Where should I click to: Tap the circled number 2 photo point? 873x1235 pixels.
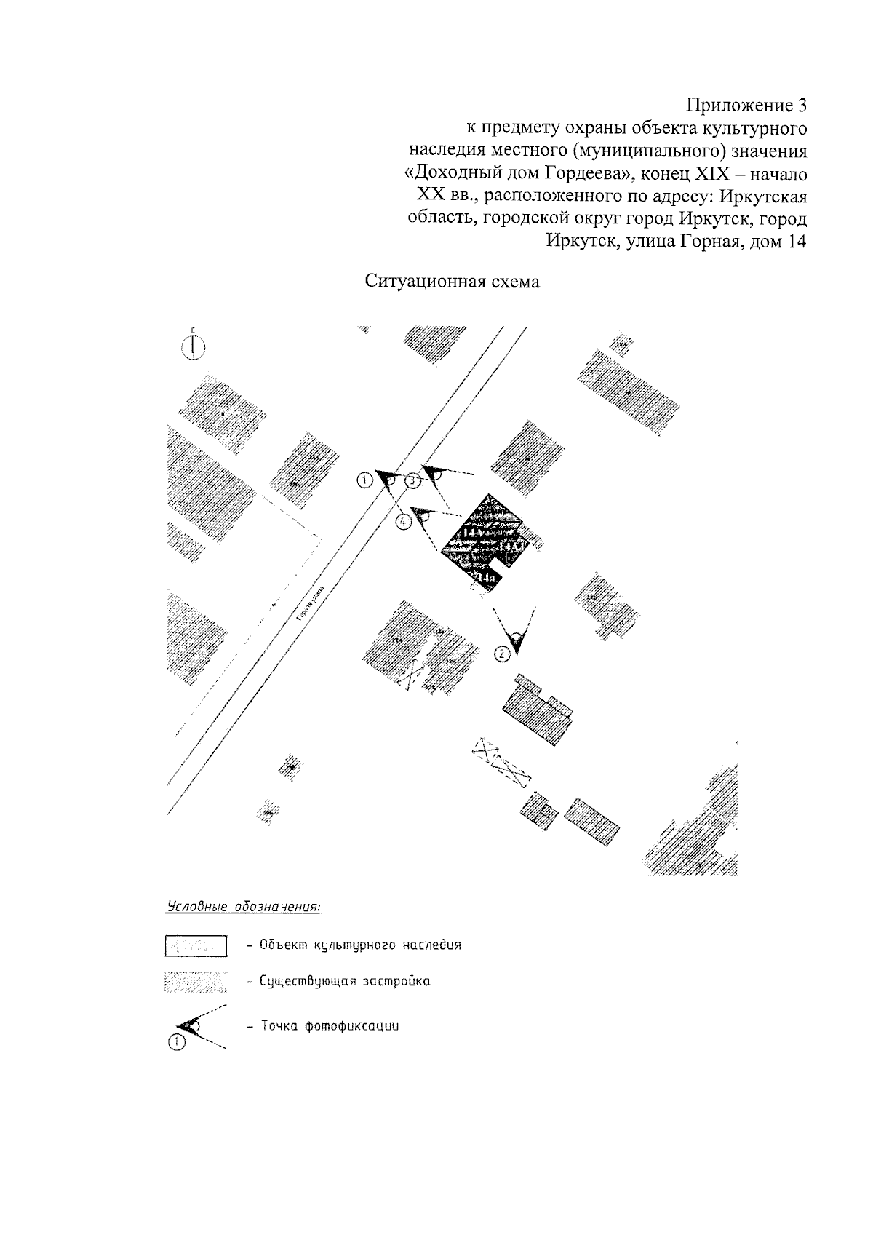[501, 654]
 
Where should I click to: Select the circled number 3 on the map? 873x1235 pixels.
[412, 480]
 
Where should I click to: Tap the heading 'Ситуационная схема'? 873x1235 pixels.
[453, 282]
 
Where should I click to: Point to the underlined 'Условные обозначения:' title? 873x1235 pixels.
[244, 908]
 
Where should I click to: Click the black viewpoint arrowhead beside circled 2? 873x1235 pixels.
[516, 640]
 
